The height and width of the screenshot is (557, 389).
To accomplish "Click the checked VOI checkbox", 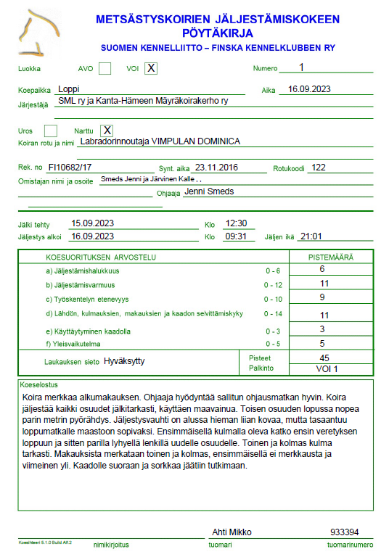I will (x=150, y=68).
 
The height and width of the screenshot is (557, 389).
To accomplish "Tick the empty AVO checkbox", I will (x=105, y=68).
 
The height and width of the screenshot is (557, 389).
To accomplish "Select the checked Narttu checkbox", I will (x=107, y=131).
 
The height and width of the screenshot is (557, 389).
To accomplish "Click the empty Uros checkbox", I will (x=51, y=131).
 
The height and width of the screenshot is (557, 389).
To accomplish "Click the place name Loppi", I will (x=69, y=90).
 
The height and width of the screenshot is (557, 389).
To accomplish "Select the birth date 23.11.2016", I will (x=216, y=167).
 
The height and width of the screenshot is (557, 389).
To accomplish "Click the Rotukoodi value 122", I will (x=317, y=167).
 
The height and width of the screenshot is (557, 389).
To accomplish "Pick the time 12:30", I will (x=237, y=223).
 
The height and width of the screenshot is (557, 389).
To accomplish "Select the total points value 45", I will (x=324, y=358).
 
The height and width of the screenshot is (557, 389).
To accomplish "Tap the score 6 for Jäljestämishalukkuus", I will (x=322, y=269).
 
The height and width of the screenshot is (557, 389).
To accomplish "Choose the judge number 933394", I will (x=344, y=532).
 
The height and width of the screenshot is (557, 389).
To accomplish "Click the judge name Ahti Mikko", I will (x=232, y=532).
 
